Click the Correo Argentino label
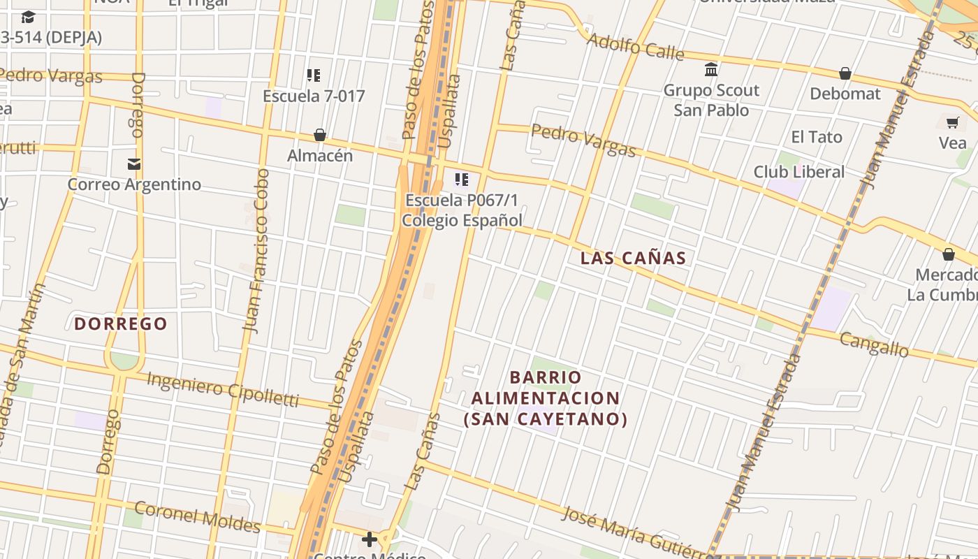tap(134, 184)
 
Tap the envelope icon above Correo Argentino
tap(134, 164)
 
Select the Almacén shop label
tap(320, 155)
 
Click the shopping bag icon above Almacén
tap(320, 135)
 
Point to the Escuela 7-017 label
tap(314, 96)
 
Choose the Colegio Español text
tap(462, 220)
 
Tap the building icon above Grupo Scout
tap(711, 70)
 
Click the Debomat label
tap(845, 94)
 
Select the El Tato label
tap(817, 137)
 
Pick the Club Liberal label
tap(798, 172)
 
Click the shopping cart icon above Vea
tap(952, 123)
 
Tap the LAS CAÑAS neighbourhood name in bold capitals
tap(634, 258)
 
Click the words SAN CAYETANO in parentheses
tap(546, 419)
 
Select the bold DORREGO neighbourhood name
tap(121, 324)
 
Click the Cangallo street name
tap(873, 344)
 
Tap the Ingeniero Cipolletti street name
tap(223, 389)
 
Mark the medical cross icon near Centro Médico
tap(369, 539)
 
